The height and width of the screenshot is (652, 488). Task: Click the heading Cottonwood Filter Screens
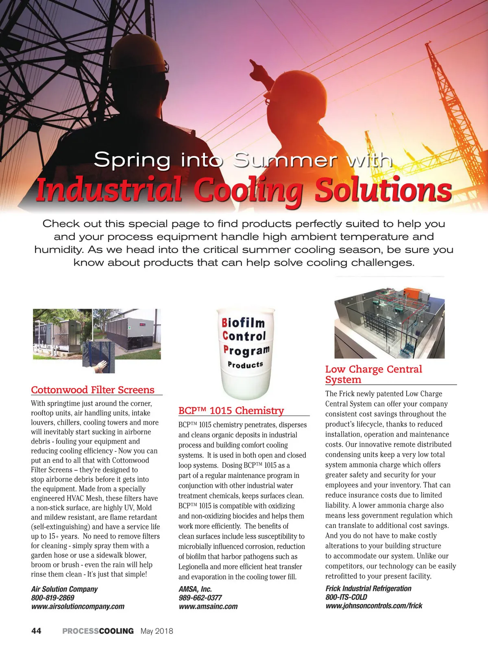point(93,390)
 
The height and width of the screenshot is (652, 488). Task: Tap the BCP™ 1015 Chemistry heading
point(231,410)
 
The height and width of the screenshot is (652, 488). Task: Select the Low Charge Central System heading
point(373,374)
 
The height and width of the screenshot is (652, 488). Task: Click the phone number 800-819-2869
point(53,597)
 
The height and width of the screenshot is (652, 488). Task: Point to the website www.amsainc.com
point(208,606)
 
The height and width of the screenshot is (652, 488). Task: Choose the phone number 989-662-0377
point(200,597)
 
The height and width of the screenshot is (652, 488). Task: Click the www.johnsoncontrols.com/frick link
point(374,605)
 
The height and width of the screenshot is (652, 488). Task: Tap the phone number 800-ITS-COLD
point(346,597)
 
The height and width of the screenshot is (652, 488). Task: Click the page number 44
point(36,631)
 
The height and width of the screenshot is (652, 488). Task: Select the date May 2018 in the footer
point(157,631)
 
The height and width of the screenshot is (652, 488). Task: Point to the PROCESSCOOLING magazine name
point(98,631)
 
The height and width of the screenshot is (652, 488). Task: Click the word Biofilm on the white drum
point(243,323)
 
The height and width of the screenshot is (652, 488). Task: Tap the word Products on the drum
point(245,364)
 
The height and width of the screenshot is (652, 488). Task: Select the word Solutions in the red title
point(383,190)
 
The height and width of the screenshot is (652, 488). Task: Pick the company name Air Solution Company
point(64,589)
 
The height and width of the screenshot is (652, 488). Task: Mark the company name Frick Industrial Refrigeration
point(368,588)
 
